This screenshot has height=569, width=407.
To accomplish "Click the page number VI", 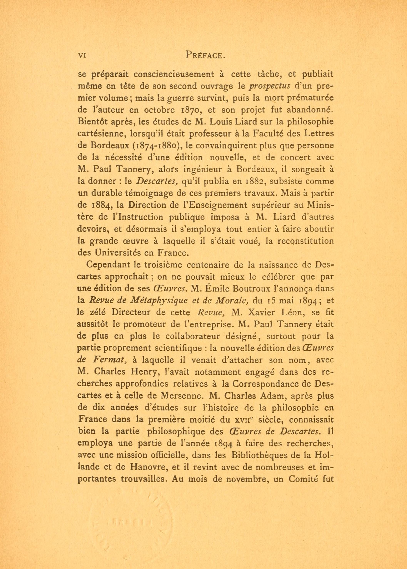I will (82, 56).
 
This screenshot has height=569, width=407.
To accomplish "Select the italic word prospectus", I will (269, 86).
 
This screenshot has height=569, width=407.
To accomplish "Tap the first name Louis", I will (222, 122).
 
